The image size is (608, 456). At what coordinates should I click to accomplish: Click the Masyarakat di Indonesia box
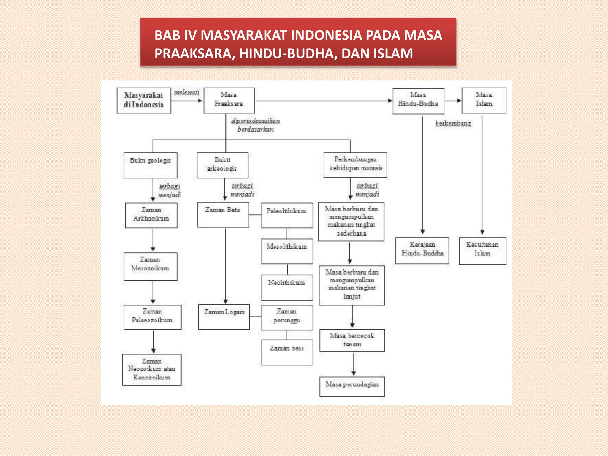144,100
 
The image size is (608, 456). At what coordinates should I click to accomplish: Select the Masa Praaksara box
229,100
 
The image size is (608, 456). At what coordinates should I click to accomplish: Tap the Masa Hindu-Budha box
418,101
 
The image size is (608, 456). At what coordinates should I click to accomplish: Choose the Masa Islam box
484,100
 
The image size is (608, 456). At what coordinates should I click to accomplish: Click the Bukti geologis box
150,165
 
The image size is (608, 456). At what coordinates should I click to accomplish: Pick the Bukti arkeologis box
222,165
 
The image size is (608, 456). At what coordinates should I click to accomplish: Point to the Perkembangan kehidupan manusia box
355,165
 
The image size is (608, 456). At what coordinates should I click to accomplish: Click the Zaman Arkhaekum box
151,215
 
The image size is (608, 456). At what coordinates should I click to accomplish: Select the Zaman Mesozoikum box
150,266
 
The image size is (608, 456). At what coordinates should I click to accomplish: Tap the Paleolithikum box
287,215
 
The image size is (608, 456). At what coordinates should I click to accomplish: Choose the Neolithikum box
287,287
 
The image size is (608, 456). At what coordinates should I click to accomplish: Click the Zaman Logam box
224,316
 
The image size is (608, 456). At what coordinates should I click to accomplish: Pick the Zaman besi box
287,352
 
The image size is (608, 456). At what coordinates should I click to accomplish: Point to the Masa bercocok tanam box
352,340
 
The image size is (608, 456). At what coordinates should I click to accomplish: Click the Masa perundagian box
352,386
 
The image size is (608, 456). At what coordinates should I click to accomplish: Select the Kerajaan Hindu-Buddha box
422,250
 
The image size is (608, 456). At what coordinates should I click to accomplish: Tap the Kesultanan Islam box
482,251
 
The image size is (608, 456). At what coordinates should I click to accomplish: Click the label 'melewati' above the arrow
186,92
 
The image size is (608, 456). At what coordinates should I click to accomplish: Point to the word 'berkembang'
453,123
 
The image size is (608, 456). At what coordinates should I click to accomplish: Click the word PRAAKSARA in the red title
194,54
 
